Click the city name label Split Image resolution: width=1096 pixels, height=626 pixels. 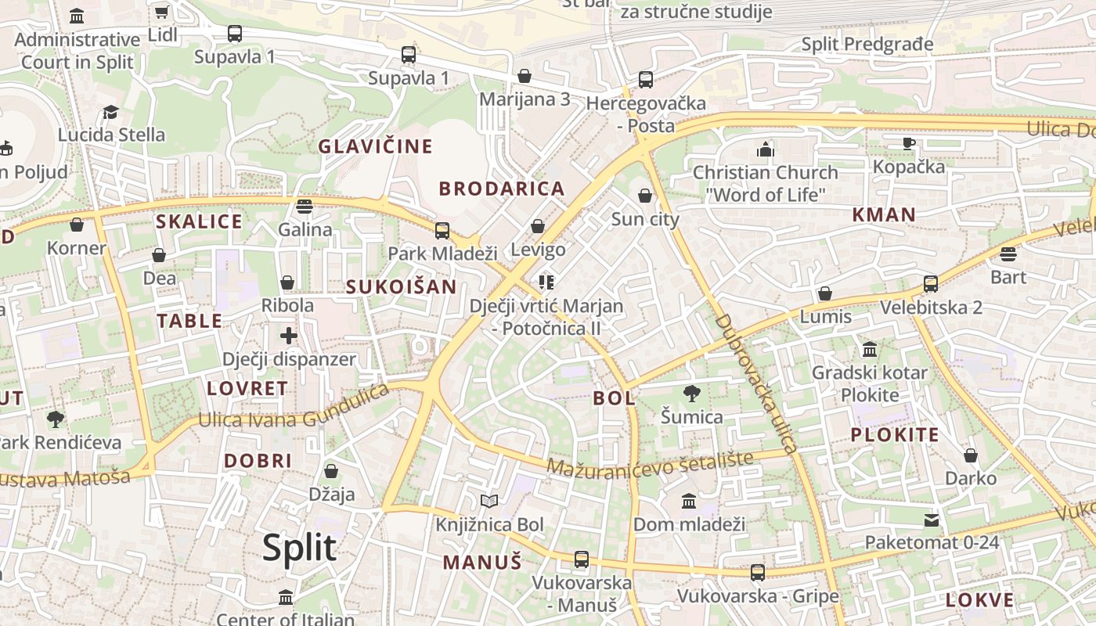pos(299,548)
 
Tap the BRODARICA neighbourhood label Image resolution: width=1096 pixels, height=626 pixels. pos(502,189)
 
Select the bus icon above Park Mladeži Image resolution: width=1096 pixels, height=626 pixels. pos(442,230)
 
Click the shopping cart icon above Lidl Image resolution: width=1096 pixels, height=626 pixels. pos(162,12)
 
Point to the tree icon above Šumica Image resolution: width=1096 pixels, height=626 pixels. pos(691,393)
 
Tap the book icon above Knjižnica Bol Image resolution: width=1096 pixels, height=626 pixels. pos(489,501)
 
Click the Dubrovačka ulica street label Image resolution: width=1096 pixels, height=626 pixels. pos(755,383)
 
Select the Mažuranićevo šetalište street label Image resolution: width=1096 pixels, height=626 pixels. pos(650,463)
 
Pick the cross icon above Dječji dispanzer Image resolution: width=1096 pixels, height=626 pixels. pos(289,336)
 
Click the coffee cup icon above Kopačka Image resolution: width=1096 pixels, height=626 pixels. pos(908,143)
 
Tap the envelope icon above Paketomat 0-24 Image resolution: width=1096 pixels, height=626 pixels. pos(932,520)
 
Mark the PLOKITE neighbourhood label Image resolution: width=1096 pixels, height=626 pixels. pos(895,435)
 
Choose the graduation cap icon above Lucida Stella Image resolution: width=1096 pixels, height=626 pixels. pos(111,112)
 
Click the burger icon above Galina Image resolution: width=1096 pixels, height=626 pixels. pos(305,207)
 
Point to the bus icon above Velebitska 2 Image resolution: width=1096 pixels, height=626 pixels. pos(931,283)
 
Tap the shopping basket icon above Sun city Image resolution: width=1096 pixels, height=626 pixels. pos(645,196)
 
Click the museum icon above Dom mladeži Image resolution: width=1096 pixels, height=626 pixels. pos(689,501)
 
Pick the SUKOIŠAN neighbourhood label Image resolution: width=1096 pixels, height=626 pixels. pos(402,286)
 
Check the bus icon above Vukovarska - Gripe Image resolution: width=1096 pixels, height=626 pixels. pos(757,573)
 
